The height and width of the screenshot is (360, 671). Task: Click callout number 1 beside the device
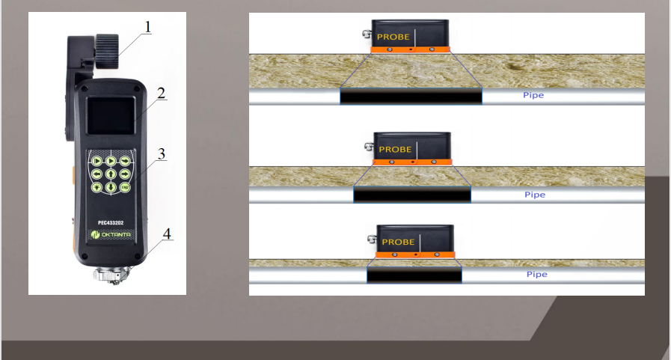pyautogui.click(x=147, y=27)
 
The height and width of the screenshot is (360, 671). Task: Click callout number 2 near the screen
pyautogui.click(x=161, y=93)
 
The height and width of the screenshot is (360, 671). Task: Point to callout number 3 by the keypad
pyautogui.click(x=162, y=153)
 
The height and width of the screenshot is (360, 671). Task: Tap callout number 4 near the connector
pyautogui.click(x=167, y=234)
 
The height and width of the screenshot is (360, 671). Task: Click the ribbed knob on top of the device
pyautogui.click(x=106, y=52)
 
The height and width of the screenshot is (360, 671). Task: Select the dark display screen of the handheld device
pyautogui.click(x=111, y=115)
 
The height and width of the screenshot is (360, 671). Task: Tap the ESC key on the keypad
pyautogui.click(x=125, y=187)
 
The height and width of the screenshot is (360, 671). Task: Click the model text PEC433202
pyautogui.click(x=111, y=222)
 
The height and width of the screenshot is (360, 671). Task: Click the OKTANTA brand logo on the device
pyautogui.click(x=111, y=234)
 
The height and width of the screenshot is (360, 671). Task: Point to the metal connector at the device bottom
pyautogui.click(x=111, y=275)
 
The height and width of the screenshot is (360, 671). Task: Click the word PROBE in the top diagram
pyautogui.click(x=393, y=37)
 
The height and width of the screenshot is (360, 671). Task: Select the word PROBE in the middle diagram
pyautogui.click(x=395, y=150)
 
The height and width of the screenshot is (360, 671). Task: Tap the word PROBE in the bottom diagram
pyautogui.click(x=398, y=242)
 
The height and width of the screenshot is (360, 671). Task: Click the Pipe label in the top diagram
pyautogui.click(x=533, y=95)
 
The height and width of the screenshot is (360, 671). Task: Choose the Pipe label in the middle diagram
pyautogui.click(x=535, y=195)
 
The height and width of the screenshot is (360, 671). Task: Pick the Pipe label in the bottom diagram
pyautogui.click(x=536, y=274)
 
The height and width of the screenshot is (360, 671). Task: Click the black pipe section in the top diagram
pyautogui.click(x=411, y=96)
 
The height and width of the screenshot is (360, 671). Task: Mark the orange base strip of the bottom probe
pyautogui.click(x=415, y=254)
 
